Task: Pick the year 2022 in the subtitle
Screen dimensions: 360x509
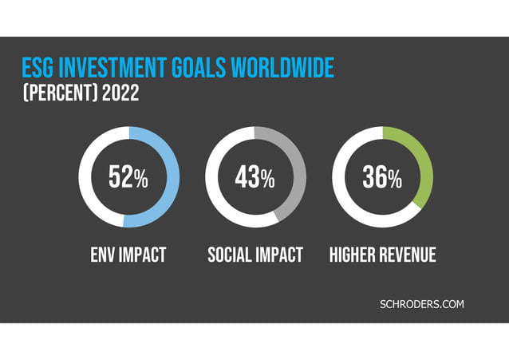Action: pyautogui.click(x=121, y=93)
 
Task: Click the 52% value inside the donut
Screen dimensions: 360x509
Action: pyautogui.click(x=128, y=178)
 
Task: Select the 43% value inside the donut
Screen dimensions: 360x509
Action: pyautogui.click(x=255, y=178)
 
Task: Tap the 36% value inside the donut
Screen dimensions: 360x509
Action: pyautogui.click(x=382, y=178)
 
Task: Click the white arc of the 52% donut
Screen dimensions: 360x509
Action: pyautogui.click(x=85, y=178)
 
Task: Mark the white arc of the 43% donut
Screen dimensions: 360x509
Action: pyautogui.click(x=211, y=178)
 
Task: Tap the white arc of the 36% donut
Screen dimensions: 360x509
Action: pyautogui.click(x=338, y=178)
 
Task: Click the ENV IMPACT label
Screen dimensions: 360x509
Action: pyautogui.click(x=128, y=255)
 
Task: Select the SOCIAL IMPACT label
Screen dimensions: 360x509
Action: pyautogui.click(x=255, y=255)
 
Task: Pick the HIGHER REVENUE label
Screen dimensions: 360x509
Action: pyautogui.click(x=383, y=255)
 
